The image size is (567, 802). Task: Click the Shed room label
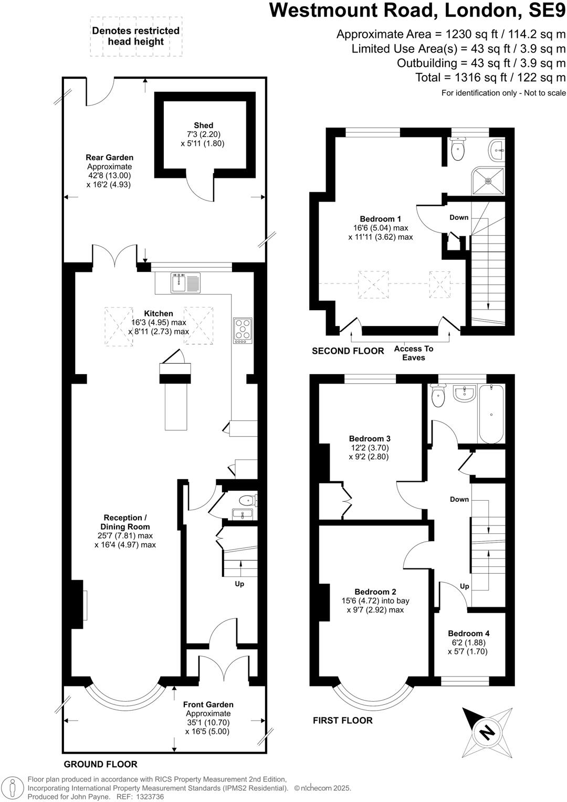coord(204,125)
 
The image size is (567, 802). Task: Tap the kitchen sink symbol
coord(185,283)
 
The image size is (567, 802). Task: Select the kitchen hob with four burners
coord(243,331)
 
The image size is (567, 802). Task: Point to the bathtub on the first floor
coord(491,414)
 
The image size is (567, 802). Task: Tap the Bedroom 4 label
coord(468,634)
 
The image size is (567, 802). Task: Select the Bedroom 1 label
coord(380,219)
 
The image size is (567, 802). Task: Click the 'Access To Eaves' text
coord(414,353)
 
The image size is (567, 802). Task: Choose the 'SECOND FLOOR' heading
coord(348,351)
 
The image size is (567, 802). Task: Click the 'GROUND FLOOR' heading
coord(100,764)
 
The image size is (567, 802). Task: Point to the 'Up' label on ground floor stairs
coord(239,584)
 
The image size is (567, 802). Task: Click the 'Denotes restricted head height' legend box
coord(135,36)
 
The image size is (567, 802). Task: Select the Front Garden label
coord(208,704)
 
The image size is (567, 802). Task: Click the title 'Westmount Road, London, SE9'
coord(417,10)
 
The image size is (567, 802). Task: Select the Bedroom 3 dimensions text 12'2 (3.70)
coord(370,448)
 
